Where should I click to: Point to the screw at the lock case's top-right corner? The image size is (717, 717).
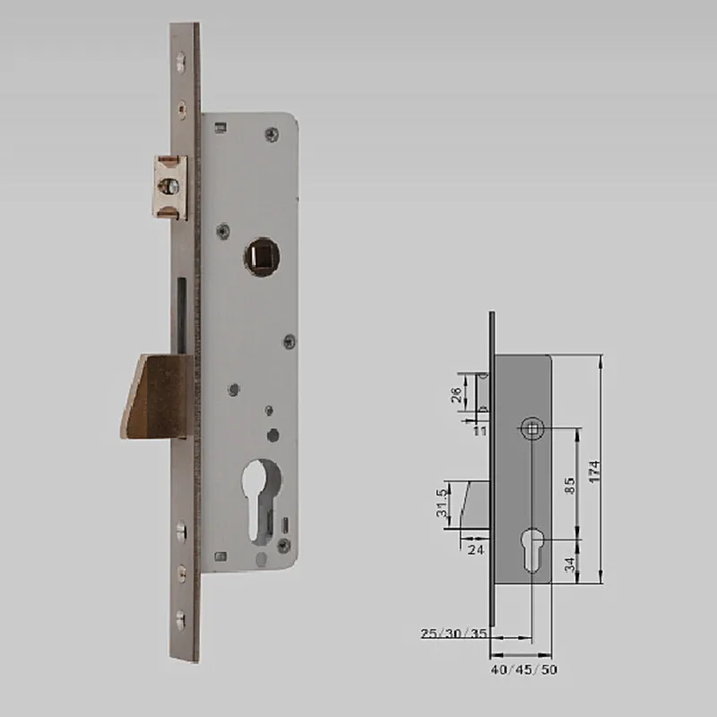(271, 134)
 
